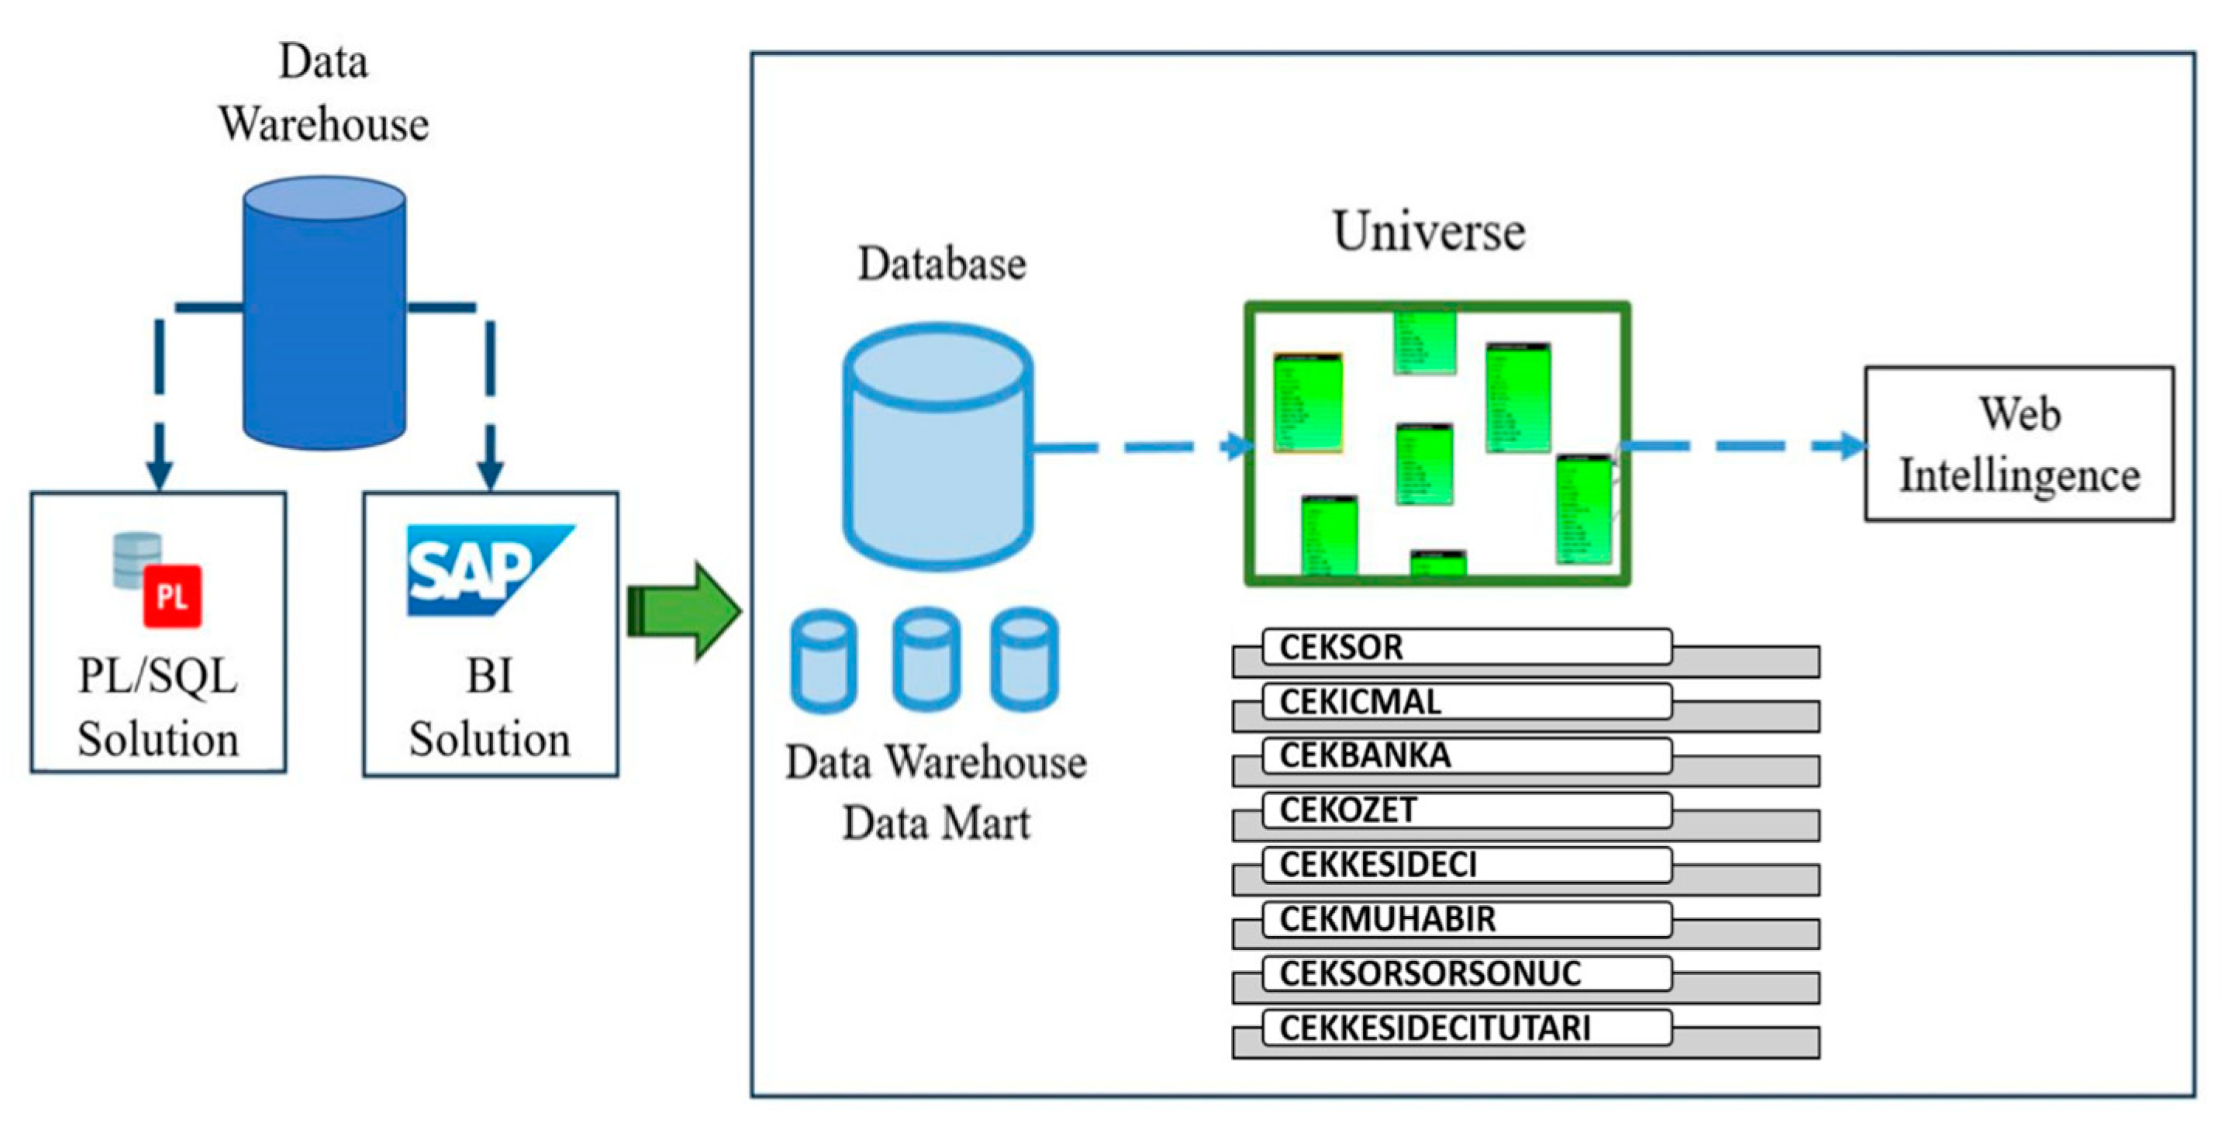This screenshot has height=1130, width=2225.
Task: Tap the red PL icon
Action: [x=173, y=596]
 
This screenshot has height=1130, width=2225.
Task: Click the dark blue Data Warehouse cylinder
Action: [x=324, y=313]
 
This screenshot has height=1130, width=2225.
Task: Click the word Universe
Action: [x=1429, y=232]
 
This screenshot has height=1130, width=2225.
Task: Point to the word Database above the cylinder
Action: [x=941, y=264]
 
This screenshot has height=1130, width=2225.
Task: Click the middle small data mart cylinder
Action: [x=926, y=661]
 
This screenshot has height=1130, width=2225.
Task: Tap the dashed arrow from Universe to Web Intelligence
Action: [x=1745, y=446]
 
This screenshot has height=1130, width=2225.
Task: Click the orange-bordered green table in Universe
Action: [x=1308, y=403]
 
